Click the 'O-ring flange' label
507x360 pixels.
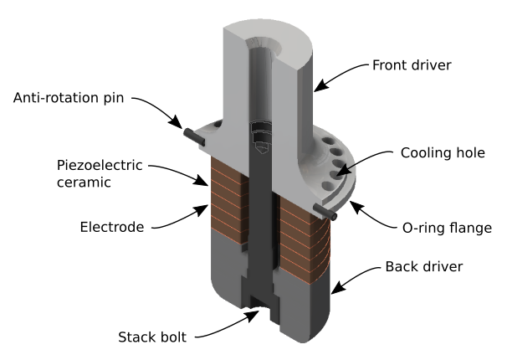click(x=442, y=225)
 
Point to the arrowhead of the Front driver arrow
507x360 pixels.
click(x=317, y=87)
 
